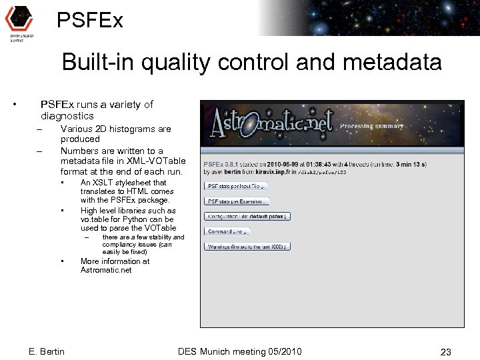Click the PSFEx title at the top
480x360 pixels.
point(90,21)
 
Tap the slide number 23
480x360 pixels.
point(446,351)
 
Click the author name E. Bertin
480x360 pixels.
point(47,351)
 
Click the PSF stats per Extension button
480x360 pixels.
point(237,201)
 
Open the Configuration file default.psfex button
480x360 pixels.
point(247,216)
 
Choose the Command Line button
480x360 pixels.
point(227,231)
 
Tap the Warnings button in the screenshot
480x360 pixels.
point(247,246)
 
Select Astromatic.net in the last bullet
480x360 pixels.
point(106,270)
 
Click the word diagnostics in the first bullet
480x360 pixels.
point(67,116)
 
